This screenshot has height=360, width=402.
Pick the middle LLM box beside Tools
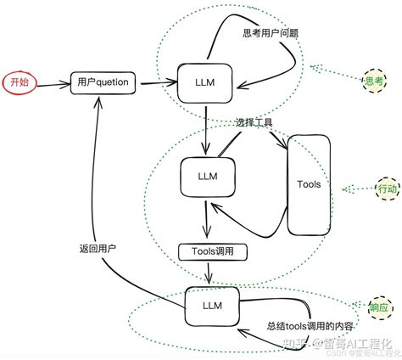pos(206,176)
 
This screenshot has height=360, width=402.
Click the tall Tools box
pos(310,184)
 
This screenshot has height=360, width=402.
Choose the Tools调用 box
pos(211,252)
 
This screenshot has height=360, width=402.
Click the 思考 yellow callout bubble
pos(373,82)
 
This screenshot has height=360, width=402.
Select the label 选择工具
pos(254,123)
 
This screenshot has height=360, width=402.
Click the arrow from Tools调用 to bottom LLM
pos(209,273)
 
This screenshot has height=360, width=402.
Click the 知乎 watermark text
pos(292,343)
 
